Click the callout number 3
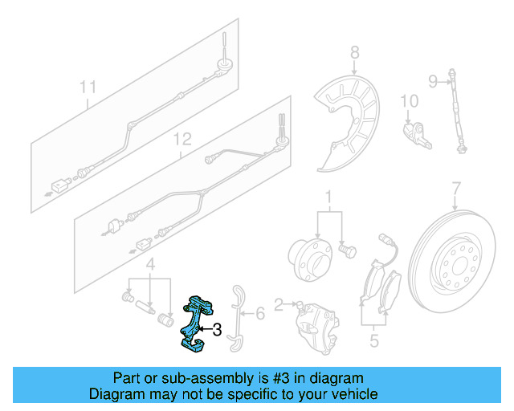216,329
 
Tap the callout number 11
88,86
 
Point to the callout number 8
354,54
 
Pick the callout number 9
432,80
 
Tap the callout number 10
409,101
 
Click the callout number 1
328,197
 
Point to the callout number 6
259,314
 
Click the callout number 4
149,265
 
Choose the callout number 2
279,304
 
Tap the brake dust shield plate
350,120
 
